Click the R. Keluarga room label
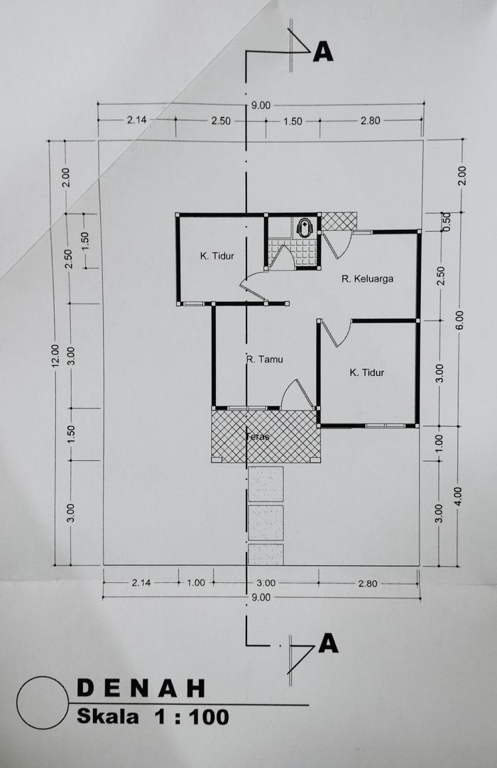click(368, 279)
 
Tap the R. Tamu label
click(264, 359)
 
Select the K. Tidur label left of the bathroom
click(217, 256)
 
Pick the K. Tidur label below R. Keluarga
click(366, 372)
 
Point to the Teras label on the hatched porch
click(258, 436)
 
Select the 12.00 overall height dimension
click(55, 355)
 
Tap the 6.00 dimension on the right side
click(459, 321)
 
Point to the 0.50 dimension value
click(447, 221)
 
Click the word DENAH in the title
click(141, 688)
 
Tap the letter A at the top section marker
click(323, 52)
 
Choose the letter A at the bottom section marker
click(328, 642)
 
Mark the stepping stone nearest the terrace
click(266, 484)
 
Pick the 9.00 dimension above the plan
click(261, 105)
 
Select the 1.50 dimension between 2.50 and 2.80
click(293, 121)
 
